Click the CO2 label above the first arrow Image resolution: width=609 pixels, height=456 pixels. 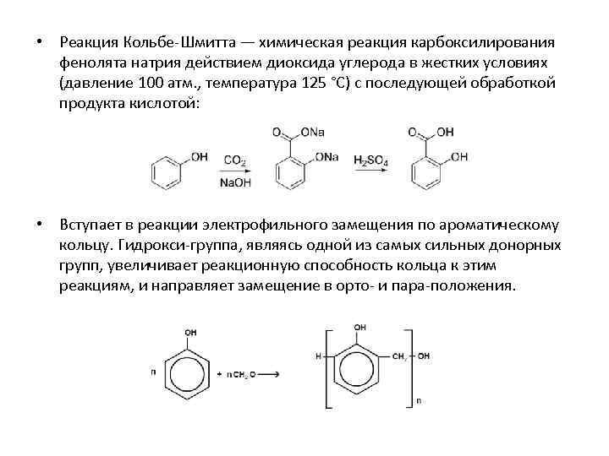[x=235, y=160]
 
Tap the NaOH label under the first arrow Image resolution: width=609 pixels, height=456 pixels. [x=234, y=182]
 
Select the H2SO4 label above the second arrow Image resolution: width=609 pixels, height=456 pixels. [x=371, y=160]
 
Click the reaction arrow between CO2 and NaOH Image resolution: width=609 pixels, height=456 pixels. [x=235, y=171]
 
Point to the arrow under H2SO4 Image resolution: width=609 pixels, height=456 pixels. [x=371, y=171]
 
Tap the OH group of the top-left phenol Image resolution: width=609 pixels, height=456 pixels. [x=200, y=156]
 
